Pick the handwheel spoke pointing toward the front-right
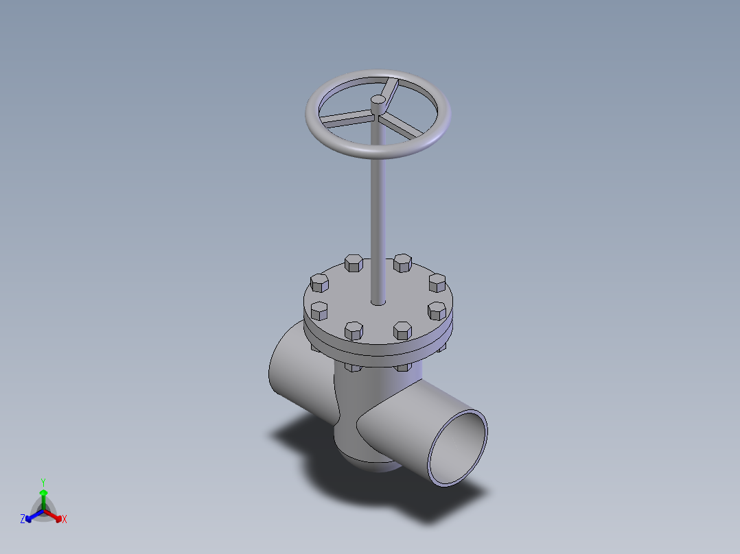click(404, 125)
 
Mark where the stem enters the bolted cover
click(378, 302)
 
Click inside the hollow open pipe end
click(459, 449)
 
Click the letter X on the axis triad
click(65, 520)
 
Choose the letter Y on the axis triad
click(43, 482)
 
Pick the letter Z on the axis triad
click(23, 520)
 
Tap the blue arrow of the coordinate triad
click(32, 516)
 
